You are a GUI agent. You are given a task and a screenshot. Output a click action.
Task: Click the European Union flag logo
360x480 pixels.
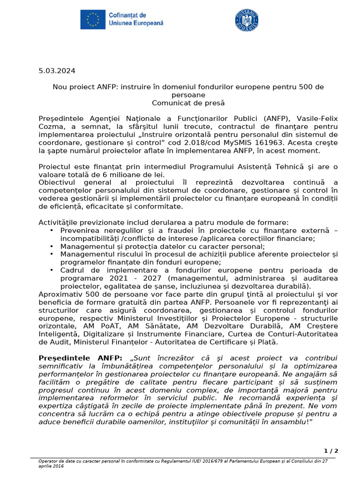pyautogui.click(x=92, y=19)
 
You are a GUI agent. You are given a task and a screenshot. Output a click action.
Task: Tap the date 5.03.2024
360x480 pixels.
pyautogui.click(x=57, y=71)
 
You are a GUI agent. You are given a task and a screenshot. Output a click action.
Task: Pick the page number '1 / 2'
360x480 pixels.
pyautogui.click(x=331, y=451)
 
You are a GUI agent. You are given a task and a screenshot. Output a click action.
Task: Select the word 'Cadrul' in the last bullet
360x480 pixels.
pyautogui.click(x=71, y=270)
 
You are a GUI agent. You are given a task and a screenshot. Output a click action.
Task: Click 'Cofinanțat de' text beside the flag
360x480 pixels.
pyautogui.click(x=127, y=15)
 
